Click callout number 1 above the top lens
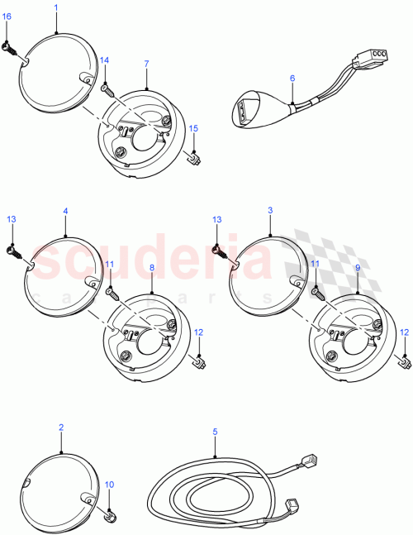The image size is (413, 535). (x=55, y=7)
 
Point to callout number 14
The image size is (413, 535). (x=104, y=60)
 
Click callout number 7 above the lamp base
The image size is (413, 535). (x=146, y=64)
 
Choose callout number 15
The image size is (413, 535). (x=193, y=128)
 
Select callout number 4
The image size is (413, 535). (x=64, y=211)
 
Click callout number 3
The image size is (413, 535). (x=269, y=211)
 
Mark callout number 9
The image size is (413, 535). (x=357, y=268)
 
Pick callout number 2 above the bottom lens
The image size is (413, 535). (x=61, y=428)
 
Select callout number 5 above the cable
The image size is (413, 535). (x=215, y=431)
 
